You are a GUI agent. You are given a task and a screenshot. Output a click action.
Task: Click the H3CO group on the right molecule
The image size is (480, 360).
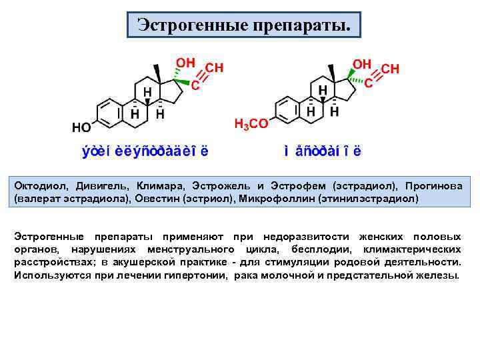pos(251,123)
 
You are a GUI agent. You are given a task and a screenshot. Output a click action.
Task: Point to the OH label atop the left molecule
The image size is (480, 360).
pos(185,62)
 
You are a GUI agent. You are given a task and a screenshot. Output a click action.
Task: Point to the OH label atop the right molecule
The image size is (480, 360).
pos(362,63)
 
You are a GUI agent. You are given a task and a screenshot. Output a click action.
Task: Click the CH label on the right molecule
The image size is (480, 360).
pos(390,69)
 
